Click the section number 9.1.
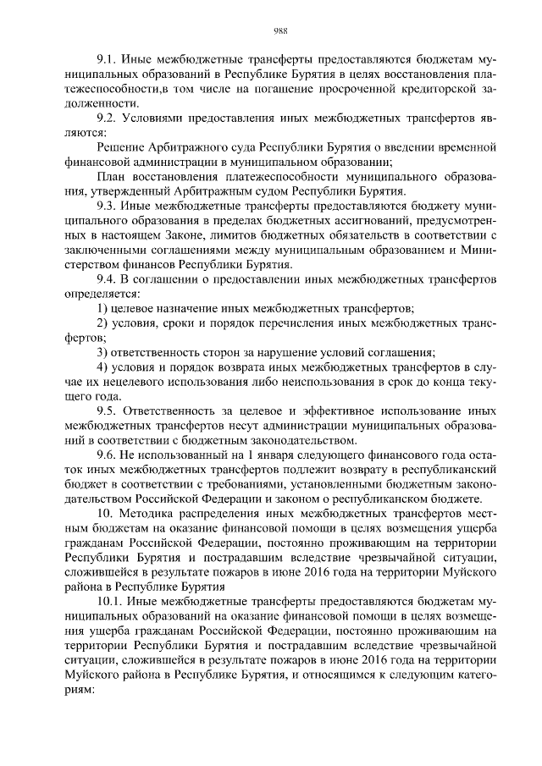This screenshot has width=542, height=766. click(108, 61)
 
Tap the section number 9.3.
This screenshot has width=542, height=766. click(108, 205)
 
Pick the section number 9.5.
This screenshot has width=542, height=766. click(108, 411)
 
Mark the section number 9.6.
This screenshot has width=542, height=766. click(108, 455)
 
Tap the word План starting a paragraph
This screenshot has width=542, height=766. click(112, 176)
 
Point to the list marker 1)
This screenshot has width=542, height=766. click(102, 308)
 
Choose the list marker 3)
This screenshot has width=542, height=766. click(102, 351)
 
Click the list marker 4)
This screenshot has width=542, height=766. click(102, 366)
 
